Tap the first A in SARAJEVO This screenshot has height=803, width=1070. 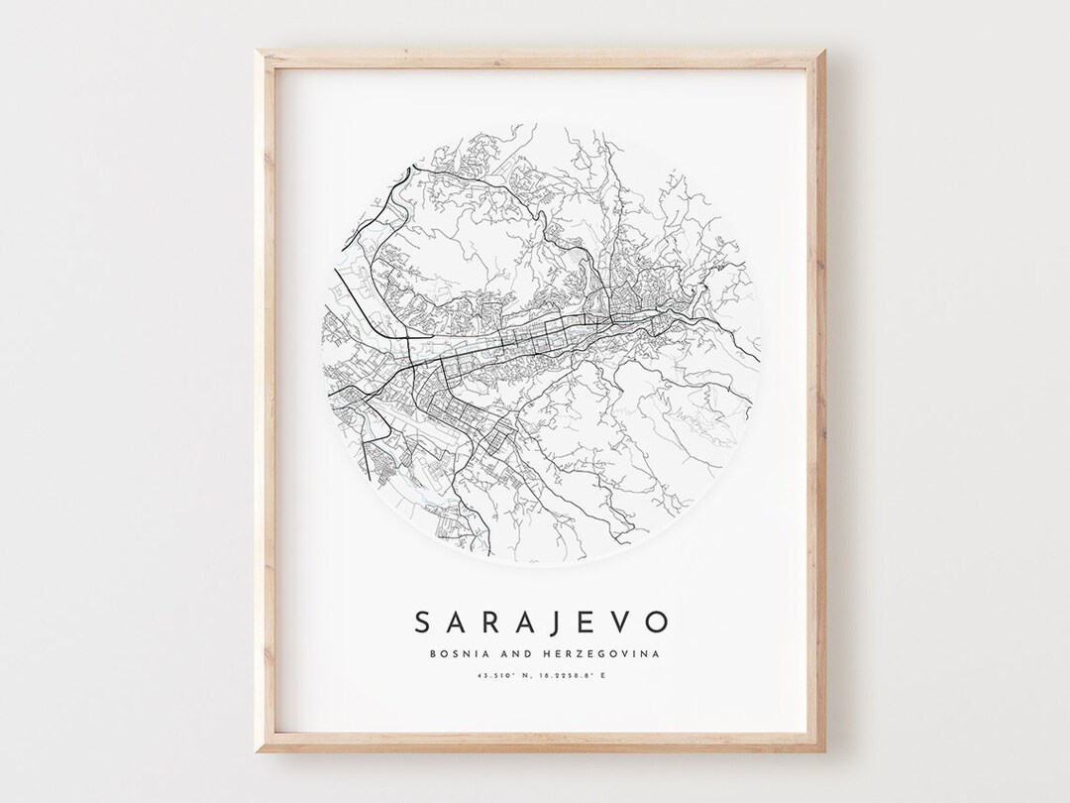[x=459, y=623]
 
